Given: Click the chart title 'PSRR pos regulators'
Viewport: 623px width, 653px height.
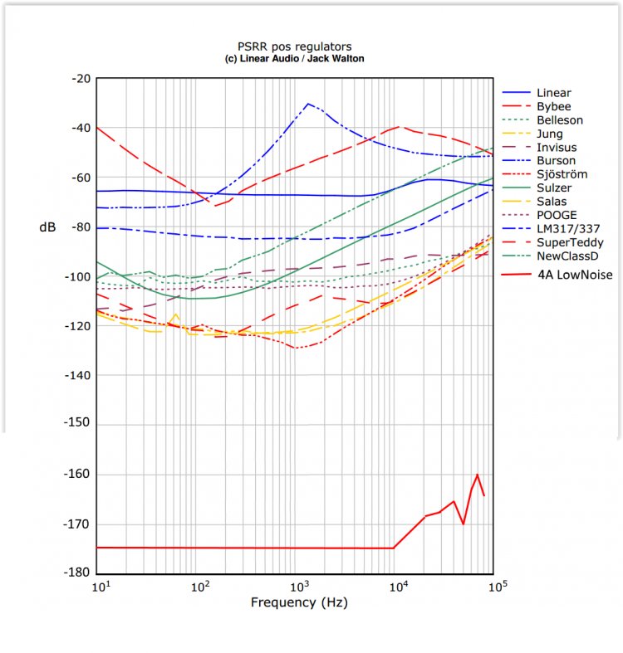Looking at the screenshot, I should (x=294, y=48).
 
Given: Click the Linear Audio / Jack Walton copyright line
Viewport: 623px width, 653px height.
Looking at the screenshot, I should (x=294, y=60).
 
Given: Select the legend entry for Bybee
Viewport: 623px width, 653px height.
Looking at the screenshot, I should (x=553, y=106).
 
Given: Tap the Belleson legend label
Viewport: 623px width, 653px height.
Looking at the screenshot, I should (x=559, y=120).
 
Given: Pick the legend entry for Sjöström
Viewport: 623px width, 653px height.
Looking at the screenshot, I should (x=562, y=174).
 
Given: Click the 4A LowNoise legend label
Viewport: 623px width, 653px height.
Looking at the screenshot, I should (x=574, y=275).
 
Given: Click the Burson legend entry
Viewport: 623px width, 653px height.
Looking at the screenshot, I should (x=556, y=161).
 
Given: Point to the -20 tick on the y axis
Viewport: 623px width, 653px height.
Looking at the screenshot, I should (x=81, y=79).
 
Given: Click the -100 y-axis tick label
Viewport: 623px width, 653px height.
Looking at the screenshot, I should (x=78, y=277).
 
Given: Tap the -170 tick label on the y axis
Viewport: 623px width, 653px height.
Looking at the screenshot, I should (x=78, y=524).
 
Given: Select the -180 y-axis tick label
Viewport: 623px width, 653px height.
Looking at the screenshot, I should (x=78, y=573).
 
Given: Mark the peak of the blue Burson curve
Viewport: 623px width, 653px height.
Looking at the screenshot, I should (x=308, y=104).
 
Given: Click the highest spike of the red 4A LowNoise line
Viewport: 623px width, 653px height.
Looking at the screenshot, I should (x=478, y=475).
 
